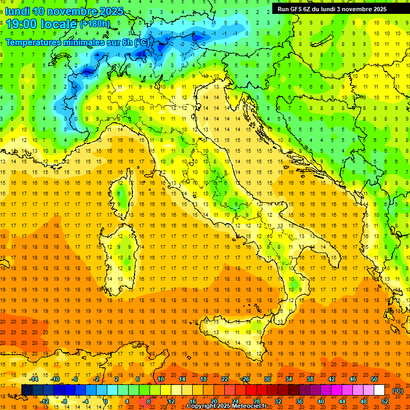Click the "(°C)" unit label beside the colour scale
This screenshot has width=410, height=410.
click(398, 391)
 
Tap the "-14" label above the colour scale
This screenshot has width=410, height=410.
click(34, 379)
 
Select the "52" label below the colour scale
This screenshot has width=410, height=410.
click(385, 401)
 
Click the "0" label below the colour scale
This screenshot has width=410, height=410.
click(105, 401)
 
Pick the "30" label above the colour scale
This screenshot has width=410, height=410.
click(267, 379)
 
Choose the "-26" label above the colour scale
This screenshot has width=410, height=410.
click(245, 379)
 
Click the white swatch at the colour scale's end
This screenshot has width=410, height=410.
click(380, 390)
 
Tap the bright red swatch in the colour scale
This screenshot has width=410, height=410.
click(251, 390)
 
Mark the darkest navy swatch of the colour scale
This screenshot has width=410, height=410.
click(27, 390)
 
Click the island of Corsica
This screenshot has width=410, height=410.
click(124, 195)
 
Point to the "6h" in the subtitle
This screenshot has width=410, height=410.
click(128, 42)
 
